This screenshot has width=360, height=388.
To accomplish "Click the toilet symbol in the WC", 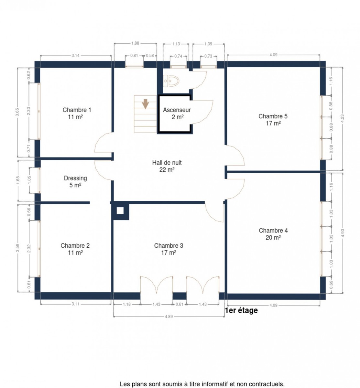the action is (x=171, y=81).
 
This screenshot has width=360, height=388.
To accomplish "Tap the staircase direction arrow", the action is (x=145, y=104).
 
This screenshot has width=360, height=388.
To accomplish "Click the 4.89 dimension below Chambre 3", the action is (x=169, y=316).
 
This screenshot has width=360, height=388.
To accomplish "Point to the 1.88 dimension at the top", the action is (x=135, y=43).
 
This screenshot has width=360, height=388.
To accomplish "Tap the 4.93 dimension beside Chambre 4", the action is (x=342, y=233).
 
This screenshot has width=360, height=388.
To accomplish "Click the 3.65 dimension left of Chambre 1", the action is (x=17, y=112).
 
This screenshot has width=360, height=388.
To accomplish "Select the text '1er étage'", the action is (x=241, y=310).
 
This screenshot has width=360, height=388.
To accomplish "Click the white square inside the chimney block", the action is (x=120, y=210).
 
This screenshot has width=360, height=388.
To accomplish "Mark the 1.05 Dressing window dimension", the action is (x=29, y=180).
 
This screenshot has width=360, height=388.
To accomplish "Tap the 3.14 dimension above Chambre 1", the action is (x=75, y=56).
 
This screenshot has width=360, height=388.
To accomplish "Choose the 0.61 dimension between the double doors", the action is (x=180, y=304).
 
